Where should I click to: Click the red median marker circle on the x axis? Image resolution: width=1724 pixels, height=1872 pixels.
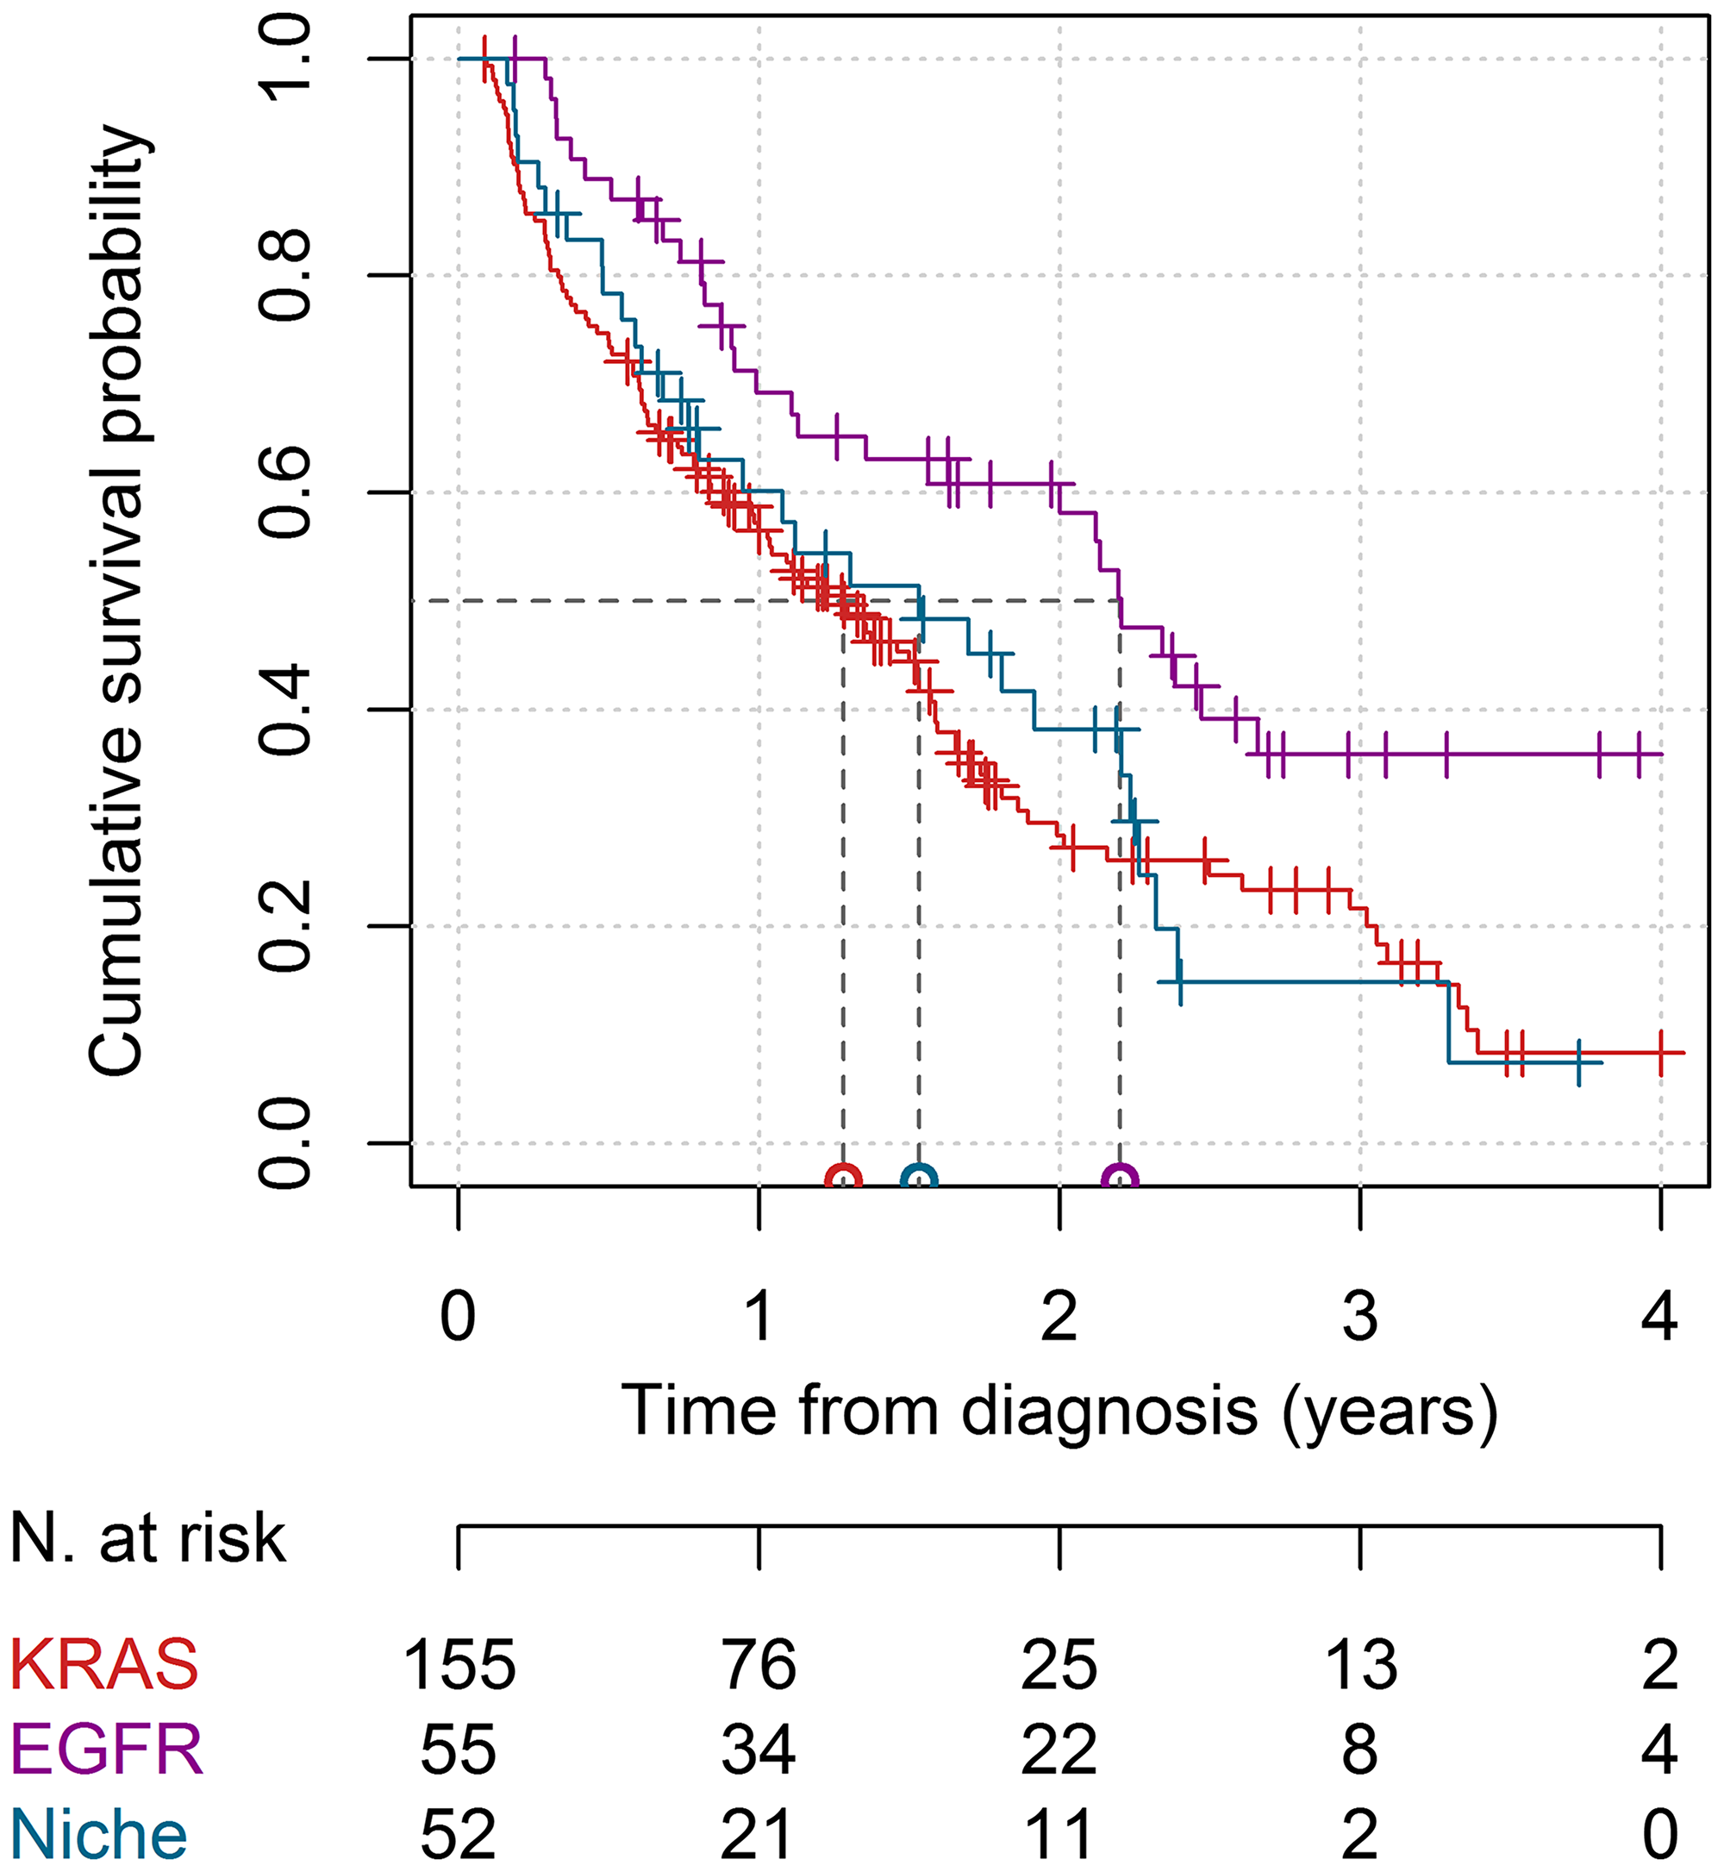(x=843, y=1178)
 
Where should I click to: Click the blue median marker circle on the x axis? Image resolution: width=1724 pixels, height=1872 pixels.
(x=919, y=1178)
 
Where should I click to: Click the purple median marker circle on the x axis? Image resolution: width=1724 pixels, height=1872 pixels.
(x=1120, y=1178)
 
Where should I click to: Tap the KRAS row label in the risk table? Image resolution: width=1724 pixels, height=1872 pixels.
(x=103, y=1665)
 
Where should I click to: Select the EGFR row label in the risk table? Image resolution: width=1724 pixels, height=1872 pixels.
(x=106, y=1749)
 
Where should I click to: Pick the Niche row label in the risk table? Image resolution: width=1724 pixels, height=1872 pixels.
(x=99, y=1834)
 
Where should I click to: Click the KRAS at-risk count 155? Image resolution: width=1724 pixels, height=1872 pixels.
(x=459, y=1665)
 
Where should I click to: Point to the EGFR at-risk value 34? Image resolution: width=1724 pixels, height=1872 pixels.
(x=759, y=1749)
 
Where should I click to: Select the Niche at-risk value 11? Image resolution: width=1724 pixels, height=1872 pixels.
(x=1059, y=1834)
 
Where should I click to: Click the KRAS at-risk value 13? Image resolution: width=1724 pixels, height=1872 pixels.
(x=1360, y=1665)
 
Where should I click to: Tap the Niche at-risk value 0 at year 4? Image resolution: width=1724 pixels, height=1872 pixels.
(x=1660, y=1834)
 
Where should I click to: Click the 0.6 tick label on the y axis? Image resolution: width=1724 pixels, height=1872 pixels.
(x=284, y=492)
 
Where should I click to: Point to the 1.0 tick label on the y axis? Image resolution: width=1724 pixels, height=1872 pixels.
(x=284, y=59)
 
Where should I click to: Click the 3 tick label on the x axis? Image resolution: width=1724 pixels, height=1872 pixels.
(x=1360, y=1317)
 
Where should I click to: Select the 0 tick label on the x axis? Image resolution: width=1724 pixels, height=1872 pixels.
(x=458, y=1317)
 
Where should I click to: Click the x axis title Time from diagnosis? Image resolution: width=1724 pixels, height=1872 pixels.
(x=1059, y=1411)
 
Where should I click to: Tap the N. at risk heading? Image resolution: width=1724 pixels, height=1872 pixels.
(x=147, y=1539)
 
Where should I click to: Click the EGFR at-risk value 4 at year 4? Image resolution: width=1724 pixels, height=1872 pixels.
(x=1660, y=1749)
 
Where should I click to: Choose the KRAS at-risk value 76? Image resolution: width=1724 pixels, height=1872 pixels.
(x=759, y=1665)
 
